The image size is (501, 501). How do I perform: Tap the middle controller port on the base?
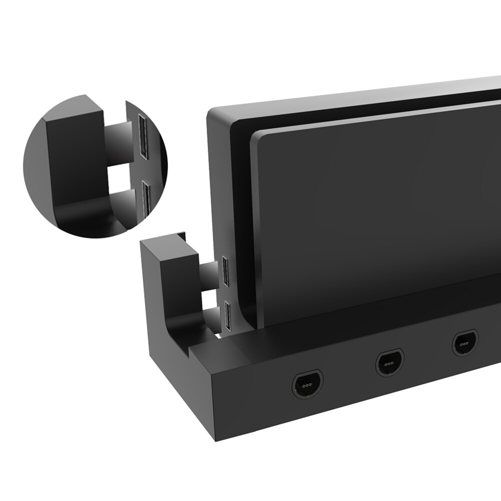[390, 362]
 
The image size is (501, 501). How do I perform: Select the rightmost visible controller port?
[465, 344]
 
